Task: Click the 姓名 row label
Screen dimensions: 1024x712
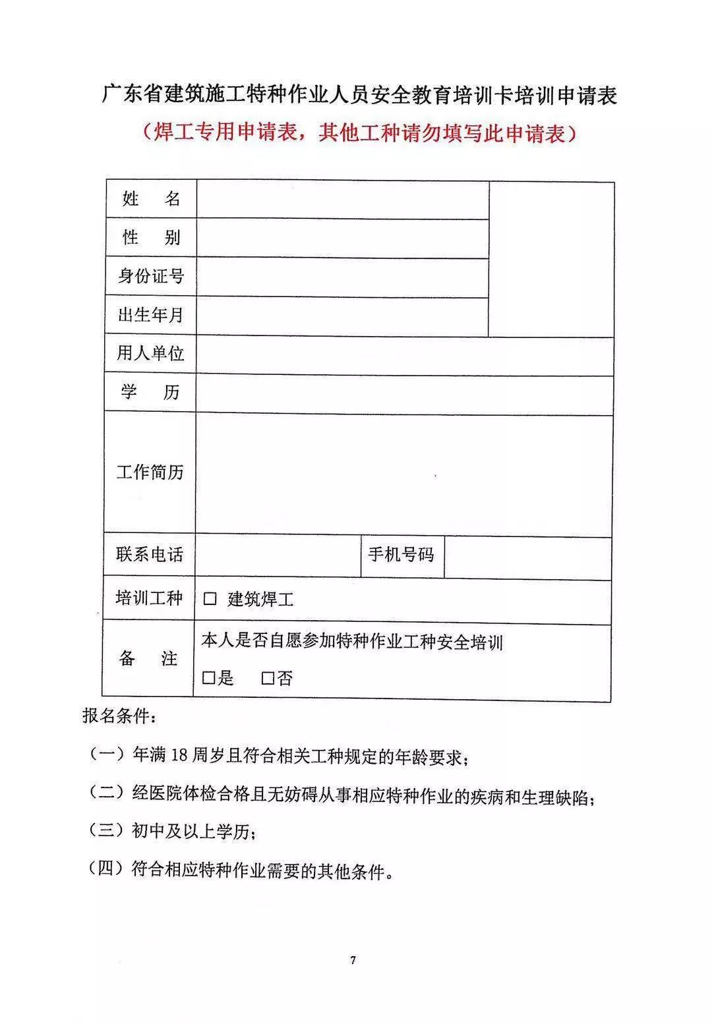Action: click(151, 199)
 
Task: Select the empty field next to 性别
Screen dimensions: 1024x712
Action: click(342, 238)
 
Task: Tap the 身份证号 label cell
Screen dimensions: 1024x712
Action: click(151, 276)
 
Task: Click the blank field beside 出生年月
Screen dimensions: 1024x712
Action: click(342, 316)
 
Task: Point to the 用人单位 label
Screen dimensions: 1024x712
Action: click(150, 354)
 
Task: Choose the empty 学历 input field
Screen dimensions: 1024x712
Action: click(403, 393)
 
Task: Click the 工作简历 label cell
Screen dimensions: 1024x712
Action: click(150, 472)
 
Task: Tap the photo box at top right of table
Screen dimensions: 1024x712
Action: click(551, 259)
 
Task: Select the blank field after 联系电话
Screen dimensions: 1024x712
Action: click(278, 555)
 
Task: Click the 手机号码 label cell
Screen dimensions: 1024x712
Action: click(401, 555)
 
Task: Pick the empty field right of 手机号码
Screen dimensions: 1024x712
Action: click(527, 557)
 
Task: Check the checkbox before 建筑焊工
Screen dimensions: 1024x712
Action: click(210, 599)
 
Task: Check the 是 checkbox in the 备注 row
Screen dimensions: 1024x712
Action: click(209, 677)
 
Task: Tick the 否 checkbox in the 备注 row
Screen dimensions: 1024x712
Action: click(268, 678)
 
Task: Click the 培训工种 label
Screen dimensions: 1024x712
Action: click(149, 598)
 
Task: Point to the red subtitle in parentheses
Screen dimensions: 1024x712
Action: click(359, 133)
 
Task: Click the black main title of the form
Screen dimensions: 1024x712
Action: click(359, 96)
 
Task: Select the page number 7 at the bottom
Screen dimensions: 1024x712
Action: click(353, 960)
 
